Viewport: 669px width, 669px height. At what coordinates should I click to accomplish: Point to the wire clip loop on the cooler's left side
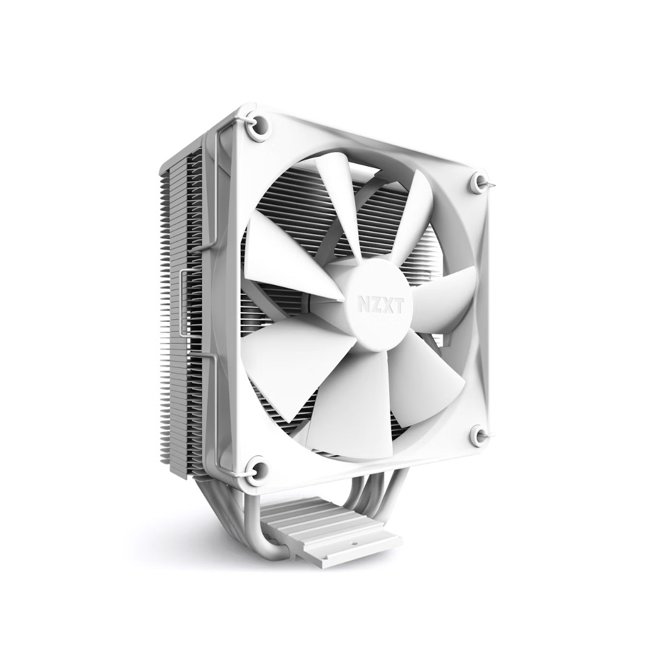click(x=184, y=316)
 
